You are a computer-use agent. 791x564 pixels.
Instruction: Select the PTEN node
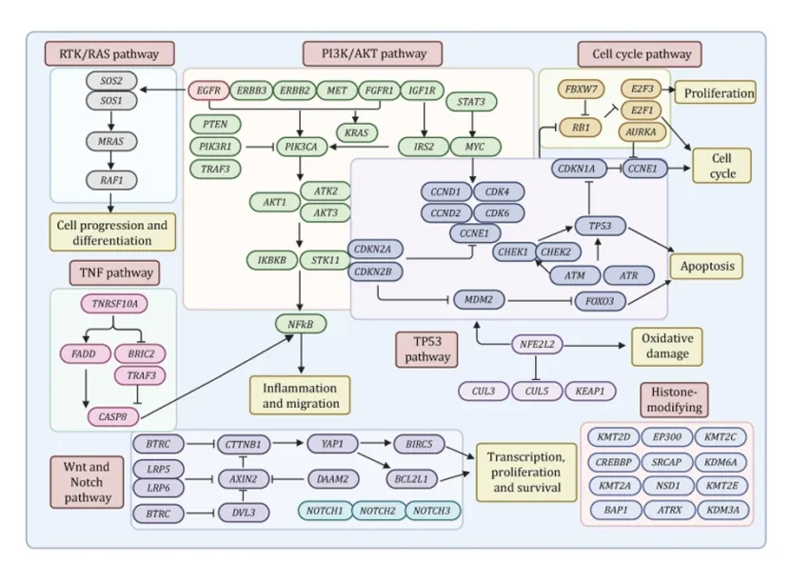coord(214,124)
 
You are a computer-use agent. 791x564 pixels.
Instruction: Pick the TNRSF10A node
coord(115,306)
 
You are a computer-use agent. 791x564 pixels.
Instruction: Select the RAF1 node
coord(113,178)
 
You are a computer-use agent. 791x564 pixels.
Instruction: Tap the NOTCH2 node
coord(378,513)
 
